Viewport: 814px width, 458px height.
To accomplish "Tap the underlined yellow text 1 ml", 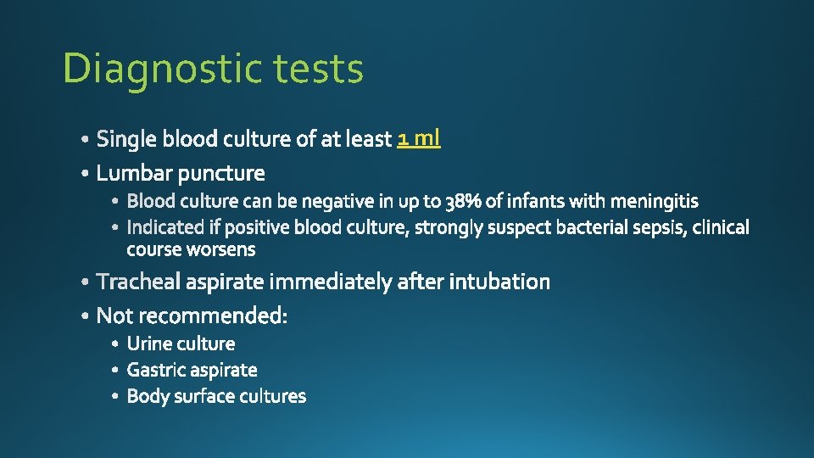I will [419, 137].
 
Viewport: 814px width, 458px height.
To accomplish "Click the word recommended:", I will [213, 316].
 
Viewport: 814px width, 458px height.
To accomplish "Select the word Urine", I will [148, 343].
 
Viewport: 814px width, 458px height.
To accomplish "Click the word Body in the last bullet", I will [147, 396].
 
